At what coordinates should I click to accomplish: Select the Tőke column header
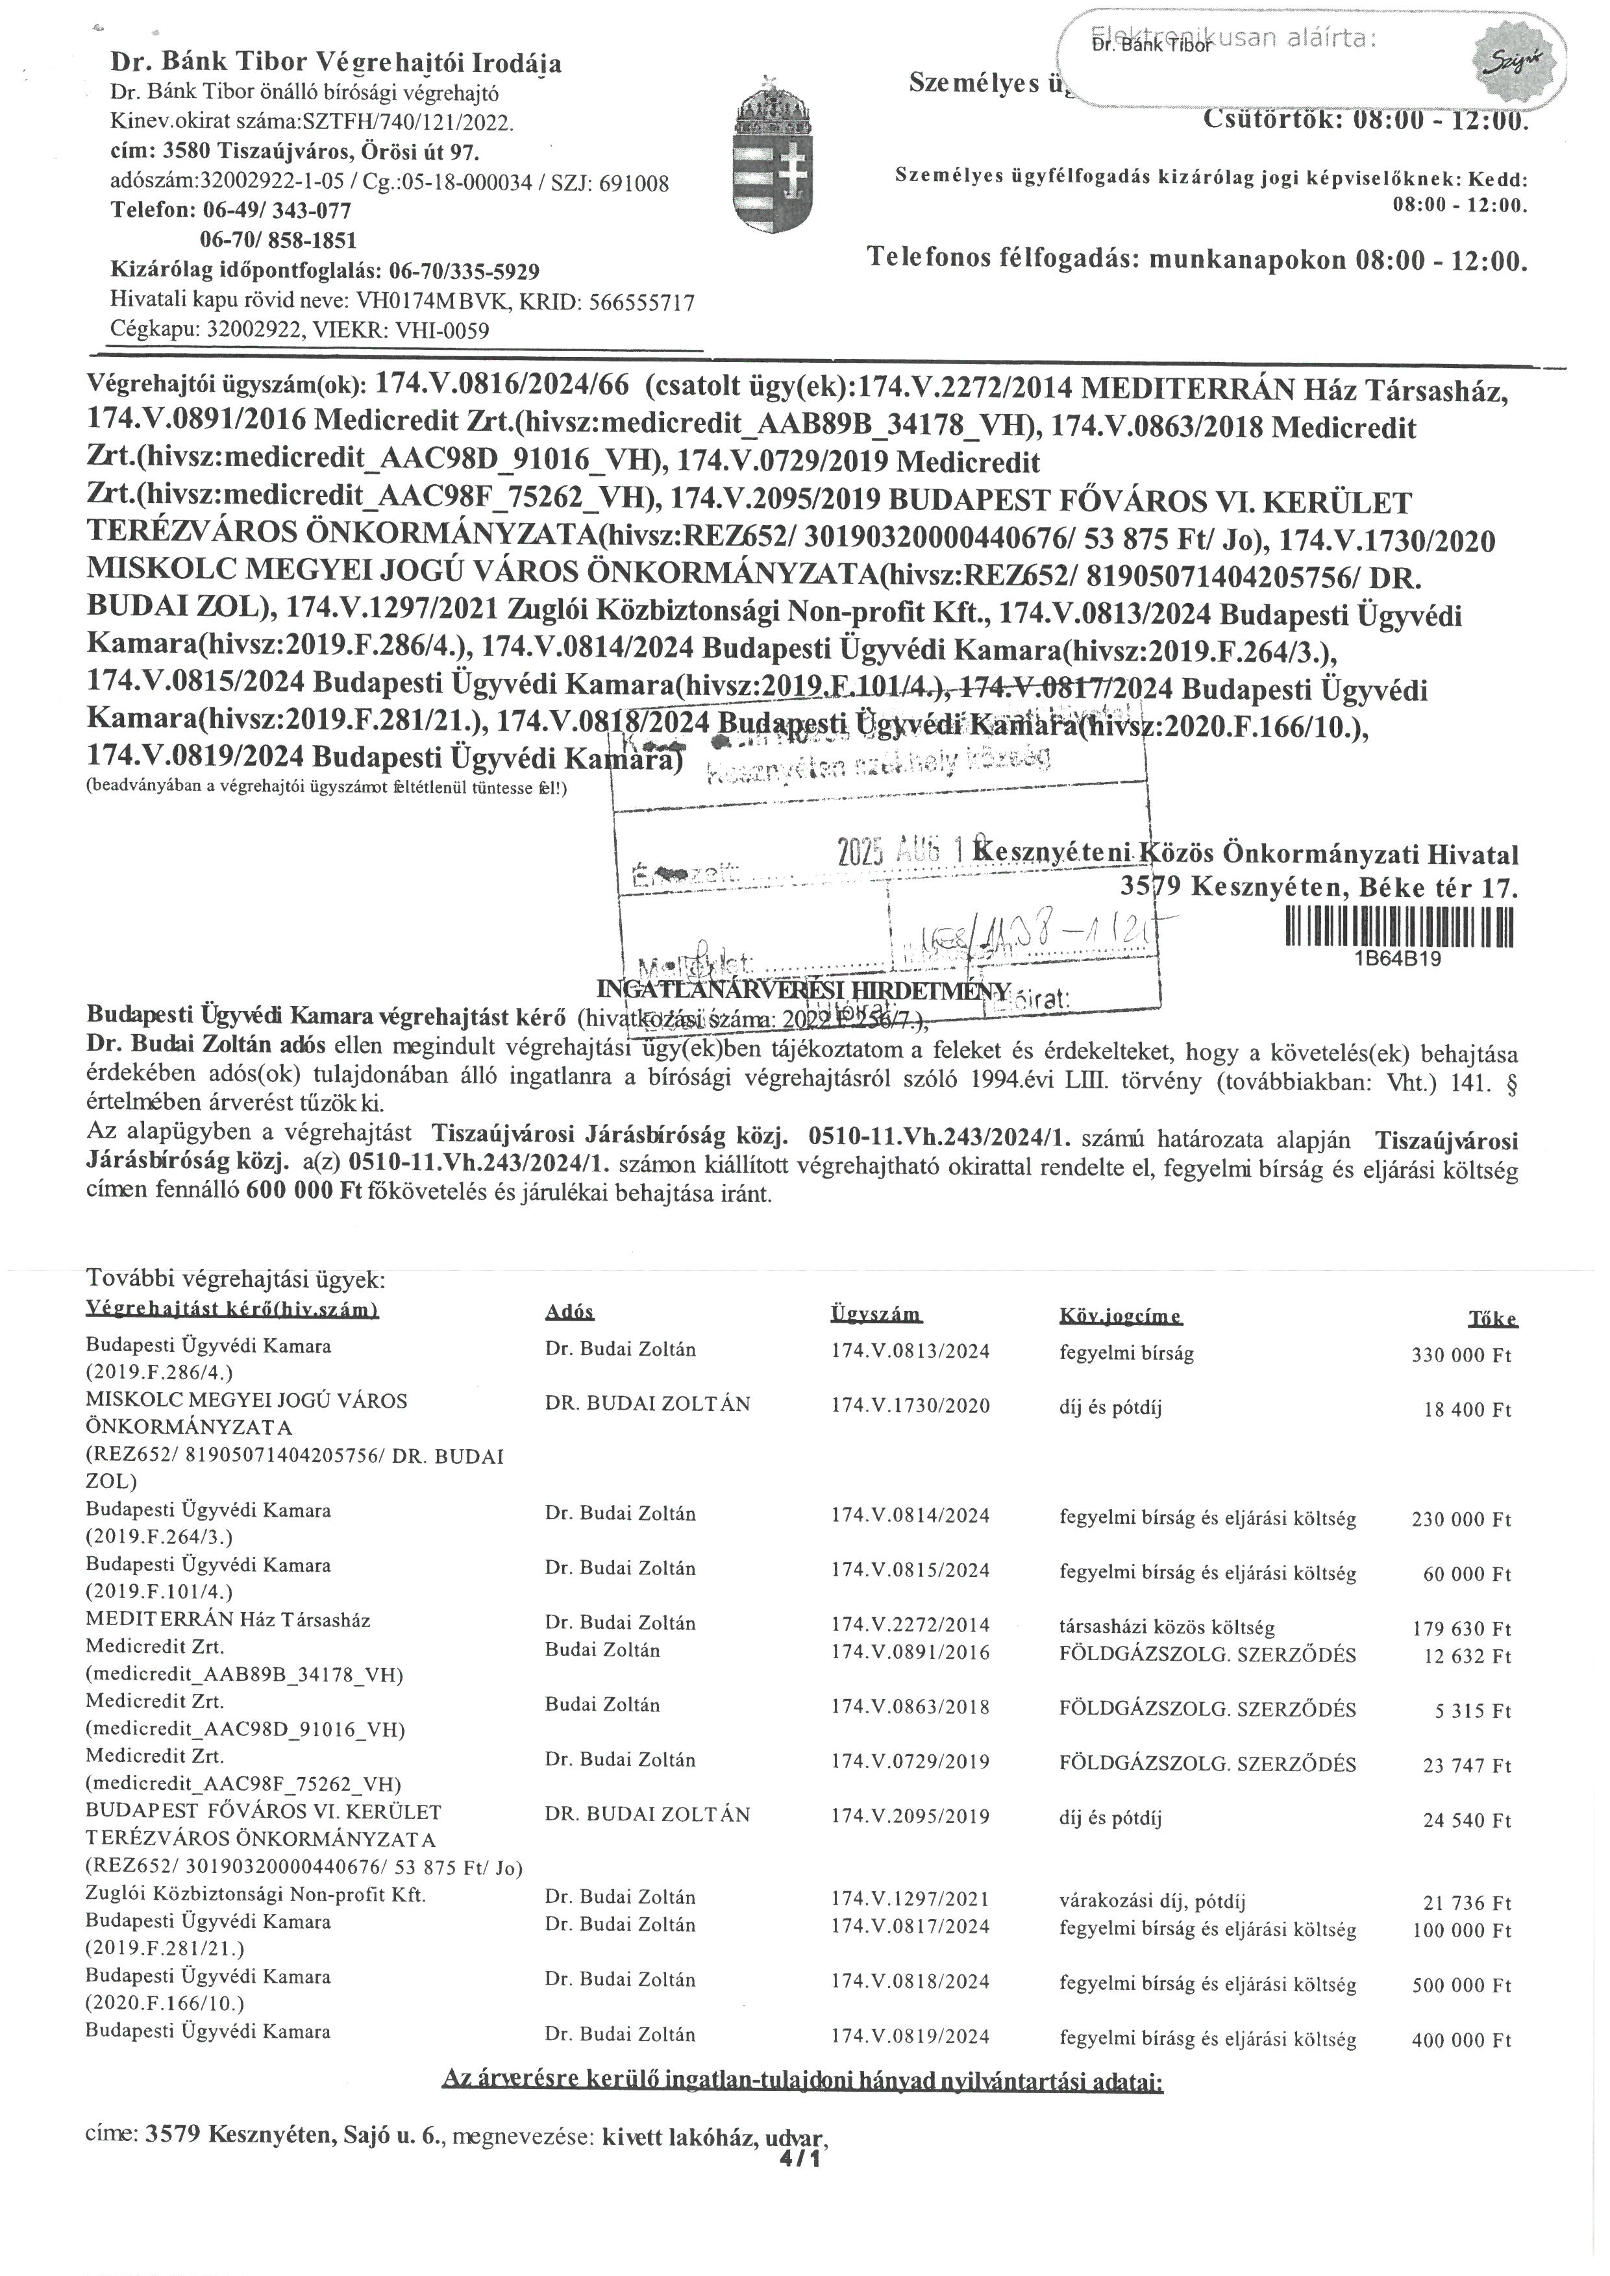pyautogui.click(x=1492, y=1318)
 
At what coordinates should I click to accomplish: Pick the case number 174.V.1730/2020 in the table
pyautogui.click(x=910, y=1406)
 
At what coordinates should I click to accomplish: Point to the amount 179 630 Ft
pyautogui.click(x=1461, y=1629)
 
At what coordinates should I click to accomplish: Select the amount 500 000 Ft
pyautogui.click(x=1461, y=1985)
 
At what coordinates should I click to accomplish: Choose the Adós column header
pyautogui.click(x=569, y=1312)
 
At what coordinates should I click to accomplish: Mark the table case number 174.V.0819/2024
pyautogui.click(x=910, y=2036)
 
